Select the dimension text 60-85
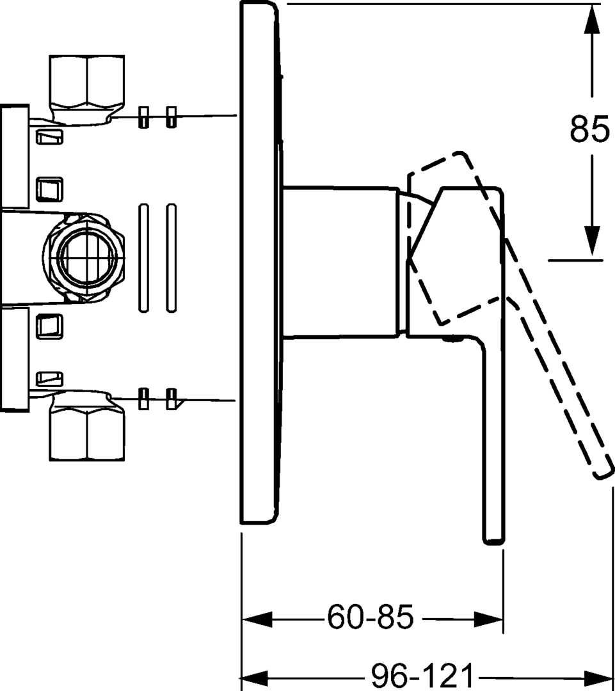(371, 618)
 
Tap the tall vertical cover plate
(259, 262)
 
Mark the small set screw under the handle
(455, 340)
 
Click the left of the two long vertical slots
(143, 258)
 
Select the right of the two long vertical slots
(171, 258)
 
